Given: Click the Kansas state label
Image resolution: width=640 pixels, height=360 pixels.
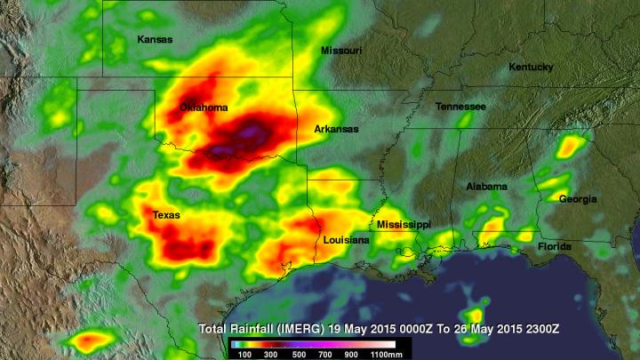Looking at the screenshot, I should (154, 39).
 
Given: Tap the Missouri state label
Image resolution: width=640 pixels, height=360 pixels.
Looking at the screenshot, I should (340, 51).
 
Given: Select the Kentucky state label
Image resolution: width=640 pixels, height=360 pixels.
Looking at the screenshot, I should (531, 68).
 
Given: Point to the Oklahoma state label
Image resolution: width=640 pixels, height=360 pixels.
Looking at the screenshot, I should (204, 108).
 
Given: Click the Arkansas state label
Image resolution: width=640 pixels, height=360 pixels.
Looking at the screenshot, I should (336, 129).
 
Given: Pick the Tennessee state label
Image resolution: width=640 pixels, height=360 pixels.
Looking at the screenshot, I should (460, 107).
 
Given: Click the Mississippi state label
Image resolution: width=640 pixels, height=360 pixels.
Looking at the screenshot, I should (404, 225).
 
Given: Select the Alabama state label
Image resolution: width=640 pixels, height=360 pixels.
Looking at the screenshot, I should (487, 187).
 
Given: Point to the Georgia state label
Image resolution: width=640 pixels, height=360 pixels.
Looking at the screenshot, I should (578, 199).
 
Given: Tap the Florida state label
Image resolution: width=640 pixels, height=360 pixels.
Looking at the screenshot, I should (553, 246).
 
